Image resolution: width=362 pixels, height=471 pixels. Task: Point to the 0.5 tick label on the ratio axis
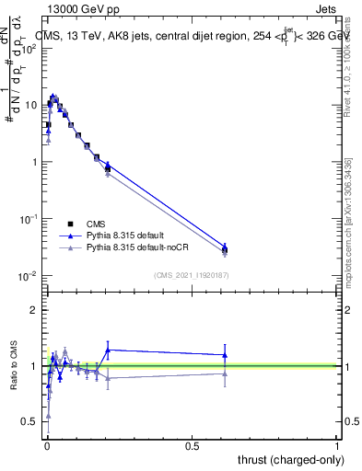click(x=29, y=421)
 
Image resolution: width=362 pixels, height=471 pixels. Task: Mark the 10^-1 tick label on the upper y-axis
click(x=27, y=219)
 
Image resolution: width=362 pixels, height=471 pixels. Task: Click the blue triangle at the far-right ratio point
click(x=225, y=355)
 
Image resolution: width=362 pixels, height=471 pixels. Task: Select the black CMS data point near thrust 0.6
click(x=225, y=249)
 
